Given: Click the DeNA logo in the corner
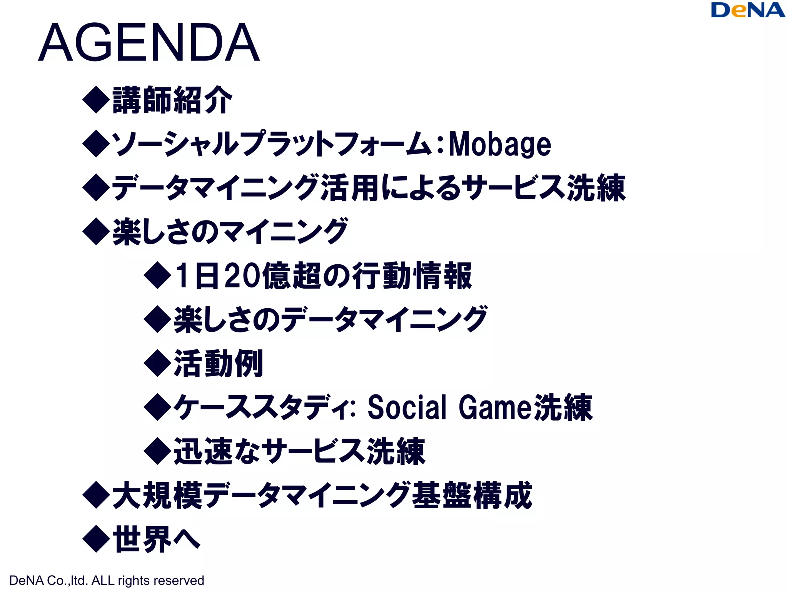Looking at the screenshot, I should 748,10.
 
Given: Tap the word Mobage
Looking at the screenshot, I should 500,144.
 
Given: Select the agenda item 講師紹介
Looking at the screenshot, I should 172,100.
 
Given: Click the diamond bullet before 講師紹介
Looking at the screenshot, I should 96,100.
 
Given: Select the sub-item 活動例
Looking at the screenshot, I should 219,363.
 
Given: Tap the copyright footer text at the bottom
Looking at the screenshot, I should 107,580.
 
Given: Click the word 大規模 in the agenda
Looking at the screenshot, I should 157,495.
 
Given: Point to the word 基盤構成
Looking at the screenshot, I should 472,495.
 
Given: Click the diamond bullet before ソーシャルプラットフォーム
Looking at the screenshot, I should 96,144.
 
